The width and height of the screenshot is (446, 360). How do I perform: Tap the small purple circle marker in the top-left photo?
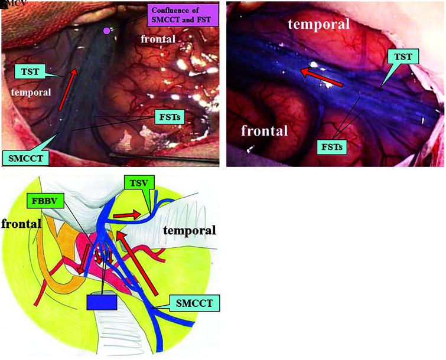pyautogui.click(x=106, y=30)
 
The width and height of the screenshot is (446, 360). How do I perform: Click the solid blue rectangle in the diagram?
pyautogui.click(x=102, y=302)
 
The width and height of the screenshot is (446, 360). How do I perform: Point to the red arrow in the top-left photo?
pyautogui.click(x=67, y=89)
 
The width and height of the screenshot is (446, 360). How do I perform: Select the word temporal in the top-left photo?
pyautogui.click(x=30, y=92)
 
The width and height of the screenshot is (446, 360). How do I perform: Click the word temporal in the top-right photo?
pyautogui.click(x=319, y=24)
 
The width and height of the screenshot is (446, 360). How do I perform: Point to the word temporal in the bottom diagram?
pyautogui.click(x=190, y=230)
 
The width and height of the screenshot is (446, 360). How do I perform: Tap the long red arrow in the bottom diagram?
pyautogui.click(x=139, y=263)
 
